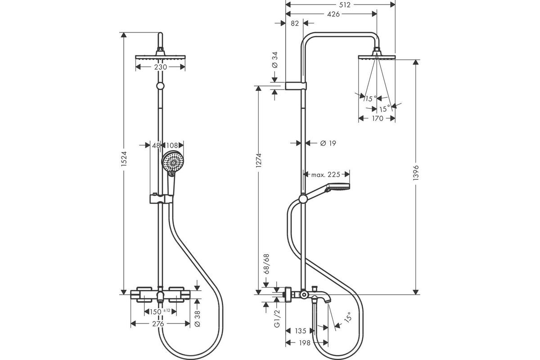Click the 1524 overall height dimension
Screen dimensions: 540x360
[124, 159]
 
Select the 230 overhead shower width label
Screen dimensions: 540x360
[161, 67]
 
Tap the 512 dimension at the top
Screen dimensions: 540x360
[345, 5]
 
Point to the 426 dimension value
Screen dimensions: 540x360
[333, 14]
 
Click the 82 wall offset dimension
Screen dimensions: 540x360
[295, 23]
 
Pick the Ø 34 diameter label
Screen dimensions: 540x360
[274, 60]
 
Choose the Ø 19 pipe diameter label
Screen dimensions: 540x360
[328, 143]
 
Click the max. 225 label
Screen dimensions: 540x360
[326, 174]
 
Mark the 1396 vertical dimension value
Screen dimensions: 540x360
[416, 173]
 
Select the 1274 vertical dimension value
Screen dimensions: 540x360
[259, 160]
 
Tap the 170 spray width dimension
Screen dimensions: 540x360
[378, 118]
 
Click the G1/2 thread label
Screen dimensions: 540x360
[278, 318]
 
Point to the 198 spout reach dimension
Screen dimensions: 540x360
[305, 342]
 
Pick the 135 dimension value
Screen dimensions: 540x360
[301, 331]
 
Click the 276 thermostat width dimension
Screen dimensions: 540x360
[158, 324]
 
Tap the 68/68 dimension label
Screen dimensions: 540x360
[266, 264]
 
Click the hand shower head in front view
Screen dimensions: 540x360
[171, 162]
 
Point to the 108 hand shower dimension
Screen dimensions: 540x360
[172, 145]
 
